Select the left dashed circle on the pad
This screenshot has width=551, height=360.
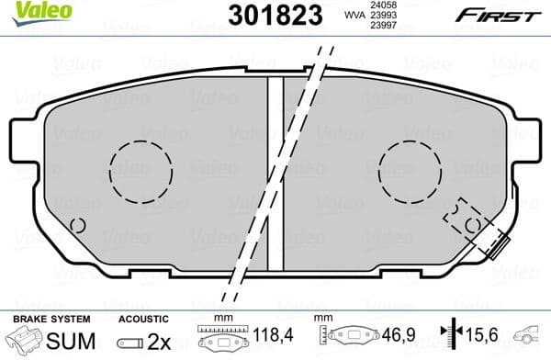141,171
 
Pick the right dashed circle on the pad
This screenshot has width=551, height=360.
410,173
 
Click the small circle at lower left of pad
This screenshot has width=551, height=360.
79,224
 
